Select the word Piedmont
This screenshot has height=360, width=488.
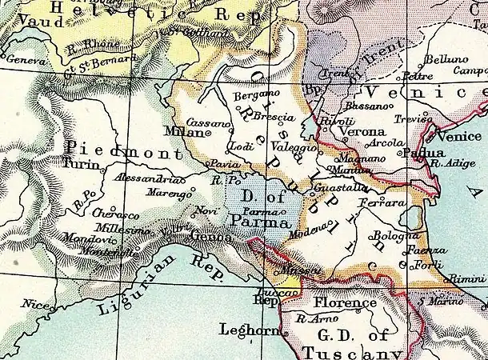pos(116,149)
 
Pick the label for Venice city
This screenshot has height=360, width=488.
pos(460,137)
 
